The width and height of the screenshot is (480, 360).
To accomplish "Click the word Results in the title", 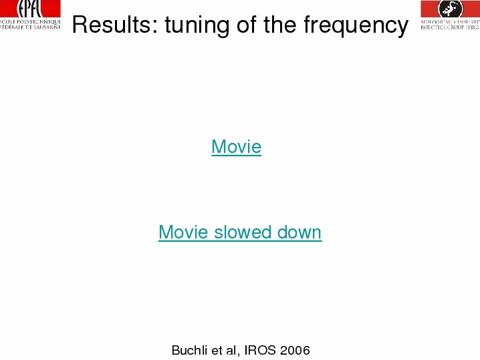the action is point(112,25).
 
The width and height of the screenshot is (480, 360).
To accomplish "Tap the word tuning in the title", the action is point(197,25).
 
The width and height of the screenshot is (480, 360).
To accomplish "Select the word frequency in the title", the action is point(356,25).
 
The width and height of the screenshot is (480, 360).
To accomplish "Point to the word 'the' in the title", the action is point(279,25).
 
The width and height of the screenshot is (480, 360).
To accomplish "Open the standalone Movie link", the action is point(237,146).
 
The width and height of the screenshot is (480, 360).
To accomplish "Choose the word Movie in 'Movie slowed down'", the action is point(184,232).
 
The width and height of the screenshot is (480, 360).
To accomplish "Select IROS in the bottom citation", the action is point(260,350).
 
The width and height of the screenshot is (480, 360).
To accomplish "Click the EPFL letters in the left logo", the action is point(29,9).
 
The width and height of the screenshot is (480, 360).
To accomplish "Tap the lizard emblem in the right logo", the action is point(451,8).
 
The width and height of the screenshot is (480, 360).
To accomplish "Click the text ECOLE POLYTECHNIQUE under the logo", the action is point(30,22).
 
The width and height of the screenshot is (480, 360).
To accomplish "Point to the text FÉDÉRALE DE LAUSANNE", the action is point(30,27).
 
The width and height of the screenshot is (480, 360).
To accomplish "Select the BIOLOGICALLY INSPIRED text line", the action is point(451,22).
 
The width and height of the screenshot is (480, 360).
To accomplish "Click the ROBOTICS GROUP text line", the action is point(451,27).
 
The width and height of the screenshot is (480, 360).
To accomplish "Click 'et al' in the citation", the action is point(224,350).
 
